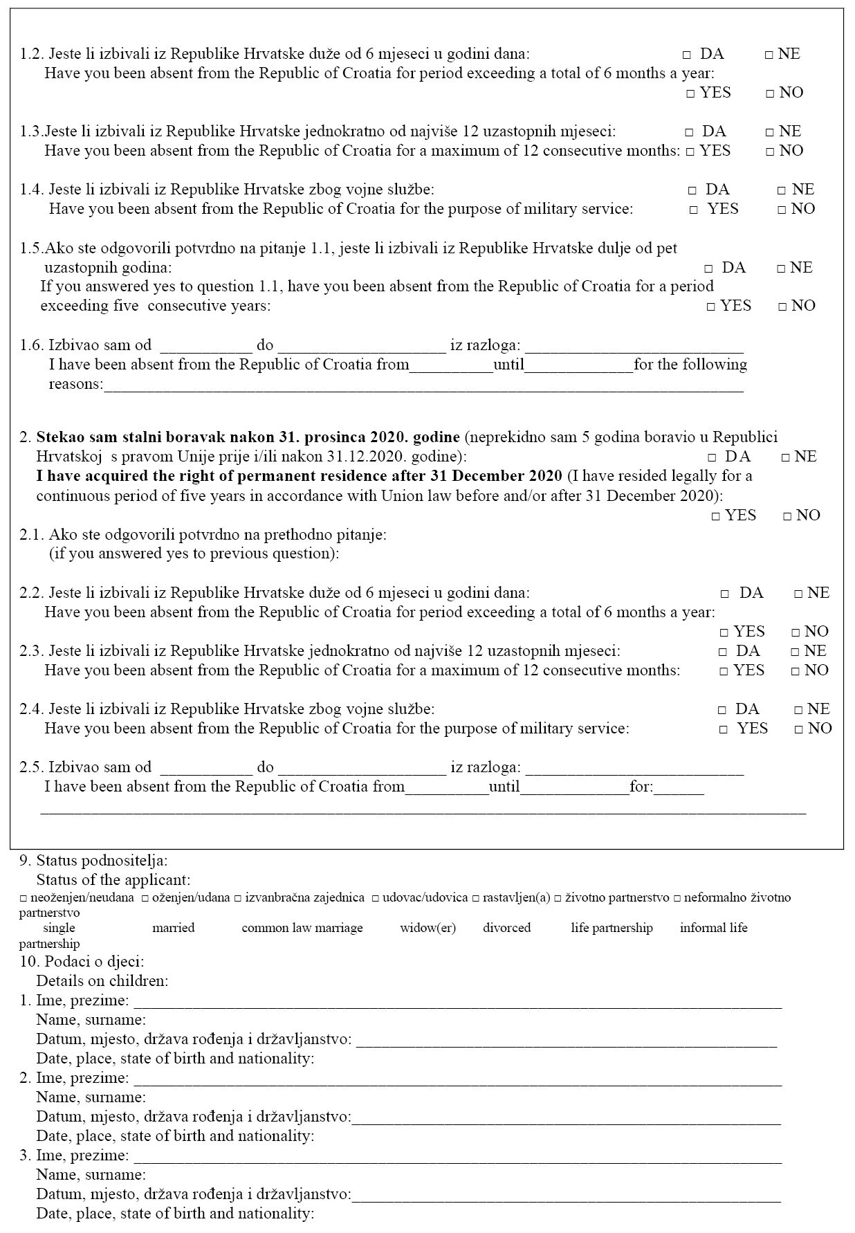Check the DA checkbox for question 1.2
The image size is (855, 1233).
point(687,55)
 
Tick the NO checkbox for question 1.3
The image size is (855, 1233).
point(770,152)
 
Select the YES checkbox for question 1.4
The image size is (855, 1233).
point(694,210)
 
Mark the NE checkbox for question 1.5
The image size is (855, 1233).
point(781,268)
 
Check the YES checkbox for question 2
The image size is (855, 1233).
point(716,516)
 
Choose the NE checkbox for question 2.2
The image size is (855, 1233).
point(798,594)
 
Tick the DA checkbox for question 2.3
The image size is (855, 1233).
point(723,652)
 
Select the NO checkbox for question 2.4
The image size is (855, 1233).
point(799,729)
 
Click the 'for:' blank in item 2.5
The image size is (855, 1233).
point(679,788)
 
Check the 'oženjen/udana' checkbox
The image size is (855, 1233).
point(145,898)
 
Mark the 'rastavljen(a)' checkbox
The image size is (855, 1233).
point(475,898)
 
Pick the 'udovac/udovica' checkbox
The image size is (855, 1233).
point(375,898)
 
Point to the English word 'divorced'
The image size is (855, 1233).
point(506,928)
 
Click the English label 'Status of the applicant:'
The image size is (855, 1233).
point(113,880)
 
